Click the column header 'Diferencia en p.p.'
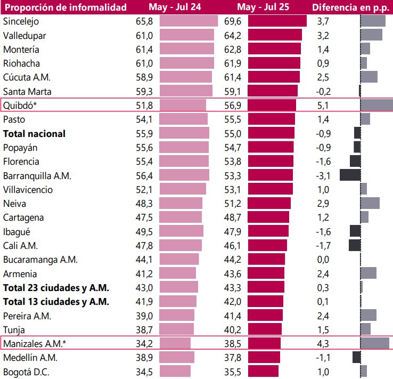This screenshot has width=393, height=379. (351, 7)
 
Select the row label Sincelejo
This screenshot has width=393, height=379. (21, 21)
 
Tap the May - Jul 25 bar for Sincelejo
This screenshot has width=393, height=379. (277, 21)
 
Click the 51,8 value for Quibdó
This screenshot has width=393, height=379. (144, 105)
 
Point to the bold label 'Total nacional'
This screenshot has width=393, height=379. (34, 133)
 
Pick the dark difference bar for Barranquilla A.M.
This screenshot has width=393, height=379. (350, 175)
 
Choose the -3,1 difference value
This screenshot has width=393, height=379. (323, 175)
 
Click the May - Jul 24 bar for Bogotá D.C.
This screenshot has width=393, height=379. (175, 372)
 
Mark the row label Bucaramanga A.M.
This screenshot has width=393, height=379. (40, 260)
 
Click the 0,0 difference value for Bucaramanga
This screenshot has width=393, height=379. (323, 260)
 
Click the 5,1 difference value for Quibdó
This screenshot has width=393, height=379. (323, 105)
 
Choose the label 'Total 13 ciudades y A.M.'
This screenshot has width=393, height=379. (56, 302)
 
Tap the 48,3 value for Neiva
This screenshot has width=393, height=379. (144, 203)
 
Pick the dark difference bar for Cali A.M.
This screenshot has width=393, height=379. (355, 245)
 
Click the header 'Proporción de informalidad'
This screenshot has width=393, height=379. (65, 7)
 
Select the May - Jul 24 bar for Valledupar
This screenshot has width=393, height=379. (186, 35)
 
